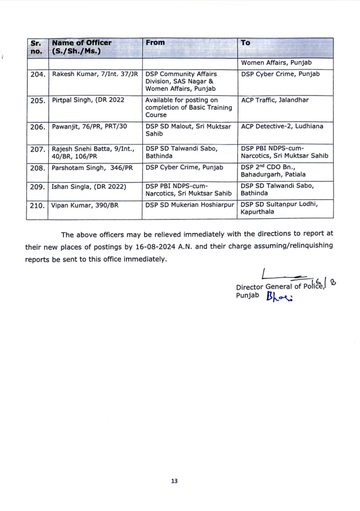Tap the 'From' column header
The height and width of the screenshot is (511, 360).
(x=155, y=43)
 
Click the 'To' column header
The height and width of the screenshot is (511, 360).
(x=245, y=43)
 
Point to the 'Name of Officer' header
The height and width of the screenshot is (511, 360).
(x=82, y=47)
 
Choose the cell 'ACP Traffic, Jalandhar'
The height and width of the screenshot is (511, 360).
(x=274, y=100)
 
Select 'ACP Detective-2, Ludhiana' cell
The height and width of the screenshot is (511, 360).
(x=282, y=127)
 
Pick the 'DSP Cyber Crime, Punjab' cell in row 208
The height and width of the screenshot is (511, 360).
(x=184, y=167)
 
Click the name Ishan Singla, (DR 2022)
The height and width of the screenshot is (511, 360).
(x=89, y=186)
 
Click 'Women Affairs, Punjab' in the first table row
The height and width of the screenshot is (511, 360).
(x=276, y=62)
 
